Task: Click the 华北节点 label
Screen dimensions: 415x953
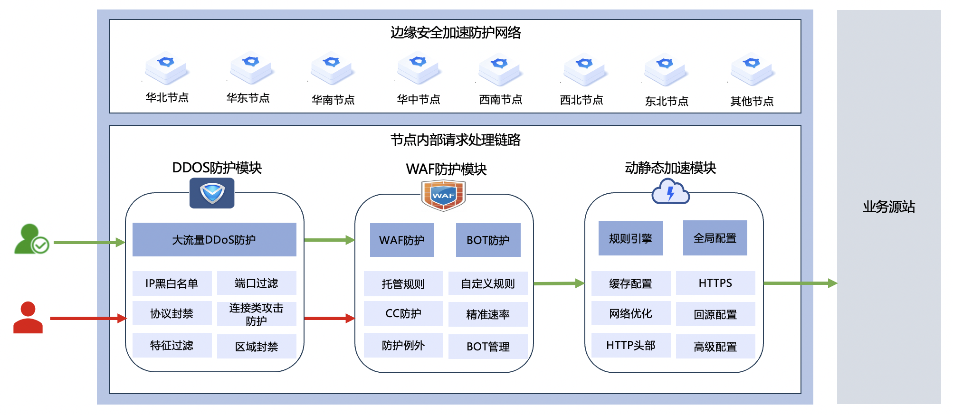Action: coord(167,98)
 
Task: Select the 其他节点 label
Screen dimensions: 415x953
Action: coord(752,101)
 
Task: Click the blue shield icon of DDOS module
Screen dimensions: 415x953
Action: coord(212,193)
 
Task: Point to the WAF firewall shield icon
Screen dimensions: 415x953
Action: coord(443,195)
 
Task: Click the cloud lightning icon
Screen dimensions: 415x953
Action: coord(670,192)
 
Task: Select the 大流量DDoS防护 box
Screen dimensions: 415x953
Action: coord(214,240)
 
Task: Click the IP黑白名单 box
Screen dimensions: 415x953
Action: coord(172,283)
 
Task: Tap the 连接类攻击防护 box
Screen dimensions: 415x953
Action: coord(257,314)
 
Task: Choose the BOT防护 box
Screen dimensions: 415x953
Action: coord(488,240)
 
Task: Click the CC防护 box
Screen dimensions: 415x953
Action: coord(403,313)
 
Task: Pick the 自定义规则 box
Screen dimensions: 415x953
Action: coord(488,284)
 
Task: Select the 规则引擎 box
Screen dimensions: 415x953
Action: coord(630,238)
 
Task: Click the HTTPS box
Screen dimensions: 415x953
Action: coord(715,283)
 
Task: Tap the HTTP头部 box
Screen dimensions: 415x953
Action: coord(630,345)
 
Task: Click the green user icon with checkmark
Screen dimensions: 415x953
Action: coord(31,239)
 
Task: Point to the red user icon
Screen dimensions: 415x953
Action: coord(28,318)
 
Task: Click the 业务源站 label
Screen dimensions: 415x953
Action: coord(888,207)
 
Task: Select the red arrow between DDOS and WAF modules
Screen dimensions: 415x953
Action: coord(329,318)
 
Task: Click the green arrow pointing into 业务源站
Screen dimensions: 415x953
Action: coord(800,283)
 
